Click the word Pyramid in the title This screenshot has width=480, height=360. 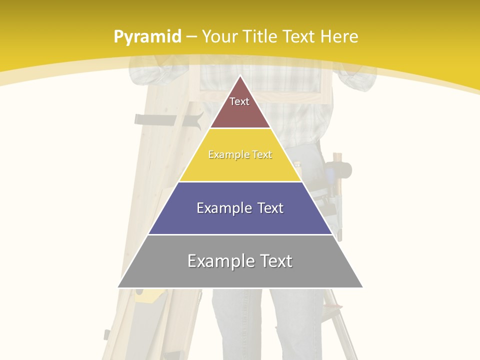click(147, 36)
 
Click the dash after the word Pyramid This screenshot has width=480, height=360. click(191, 37)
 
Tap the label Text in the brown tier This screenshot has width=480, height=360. click(239, 101)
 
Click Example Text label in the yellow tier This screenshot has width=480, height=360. click(240, 154)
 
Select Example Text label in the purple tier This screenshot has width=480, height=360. click(240, 208)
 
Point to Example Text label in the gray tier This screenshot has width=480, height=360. click(240, 261)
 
